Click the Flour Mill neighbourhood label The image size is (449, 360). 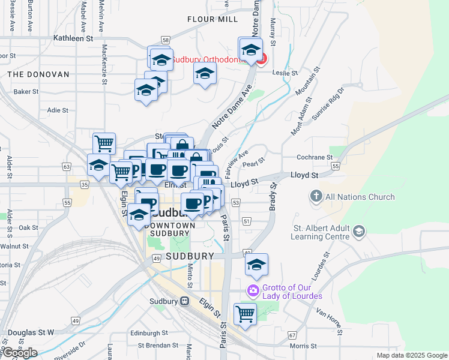pyautogui.click(x=212, y=19)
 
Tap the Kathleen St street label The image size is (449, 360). pyautogui.click(x=74, y=38)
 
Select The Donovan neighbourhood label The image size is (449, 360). pyautogui.click(x=38, y=74)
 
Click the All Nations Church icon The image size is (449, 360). pyautogui.click(x=316, y=196)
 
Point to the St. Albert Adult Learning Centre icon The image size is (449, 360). pyautogui.click(x=359, y=231)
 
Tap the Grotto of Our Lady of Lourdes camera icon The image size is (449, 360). pyautogui.click(x=253, y=290)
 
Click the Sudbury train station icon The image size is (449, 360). pyautogui.click(x=185, y=301)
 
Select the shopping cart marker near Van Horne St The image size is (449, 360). pyautogui.click(x=245, y=313)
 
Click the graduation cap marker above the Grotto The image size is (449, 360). pyautogui.click(x=256, y=265)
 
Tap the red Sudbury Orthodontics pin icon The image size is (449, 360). pyautogui.click(x=262, y=59)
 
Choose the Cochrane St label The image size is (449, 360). pyautogui.click(x=315, y=157)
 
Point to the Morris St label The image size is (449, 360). pyautogui.click(x=303, y=346)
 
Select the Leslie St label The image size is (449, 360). pyautogui.click(x=285, y=73)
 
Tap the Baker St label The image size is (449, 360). pyautogui.click(x=26, y=92)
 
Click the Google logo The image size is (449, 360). pyautogui.click(x=19, y=353)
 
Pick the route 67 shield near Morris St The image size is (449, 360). pyautogui.click(x=292, y=335)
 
